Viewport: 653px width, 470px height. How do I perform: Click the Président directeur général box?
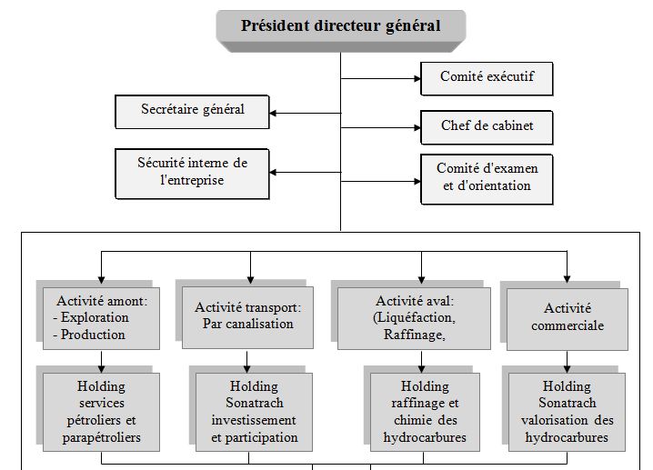pos(340,25)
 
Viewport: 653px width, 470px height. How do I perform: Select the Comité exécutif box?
pos(486,78)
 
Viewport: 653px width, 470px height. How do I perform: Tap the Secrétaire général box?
pos(193,111)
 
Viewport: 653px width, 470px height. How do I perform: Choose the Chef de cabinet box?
pos(487,126)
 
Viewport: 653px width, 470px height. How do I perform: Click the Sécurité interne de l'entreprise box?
pos(193,171)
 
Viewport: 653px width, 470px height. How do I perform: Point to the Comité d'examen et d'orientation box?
pos(487,178)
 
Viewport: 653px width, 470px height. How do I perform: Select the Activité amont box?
pos(100,318)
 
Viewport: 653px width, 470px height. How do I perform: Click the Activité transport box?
pos(247,316)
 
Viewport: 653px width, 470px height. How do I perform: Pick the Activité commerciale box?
pos(568,317)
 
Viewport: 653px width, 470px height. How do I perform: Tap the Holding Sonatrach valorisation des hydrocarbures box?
pos(568,412)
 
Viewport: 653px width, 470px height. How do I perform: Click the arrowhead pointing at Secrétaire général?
pos(275,113)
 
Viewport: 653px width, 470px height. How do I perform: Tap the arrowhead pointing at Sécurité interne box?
pos(275,172)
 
